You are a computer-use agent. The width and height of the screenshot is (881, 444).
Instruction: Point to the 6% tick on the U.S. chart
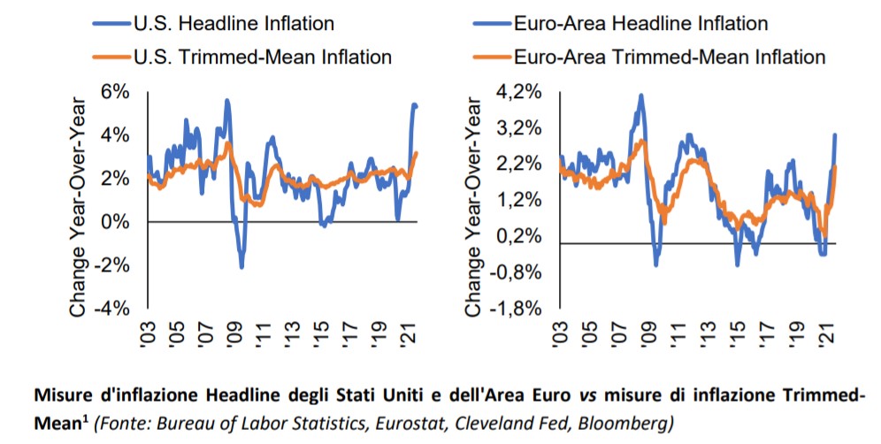[x=116, y=92]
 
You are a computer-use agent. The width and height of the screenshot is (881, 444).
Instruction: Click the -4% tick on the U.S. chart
[x=112, y=308]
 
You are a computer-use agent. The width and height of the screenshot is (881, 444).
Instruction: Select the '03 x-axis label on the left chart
[x=149, y=337]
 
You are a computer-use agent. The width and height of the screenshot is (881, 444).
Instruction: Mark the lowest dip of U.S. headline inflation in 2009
[x=241, y=267]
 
